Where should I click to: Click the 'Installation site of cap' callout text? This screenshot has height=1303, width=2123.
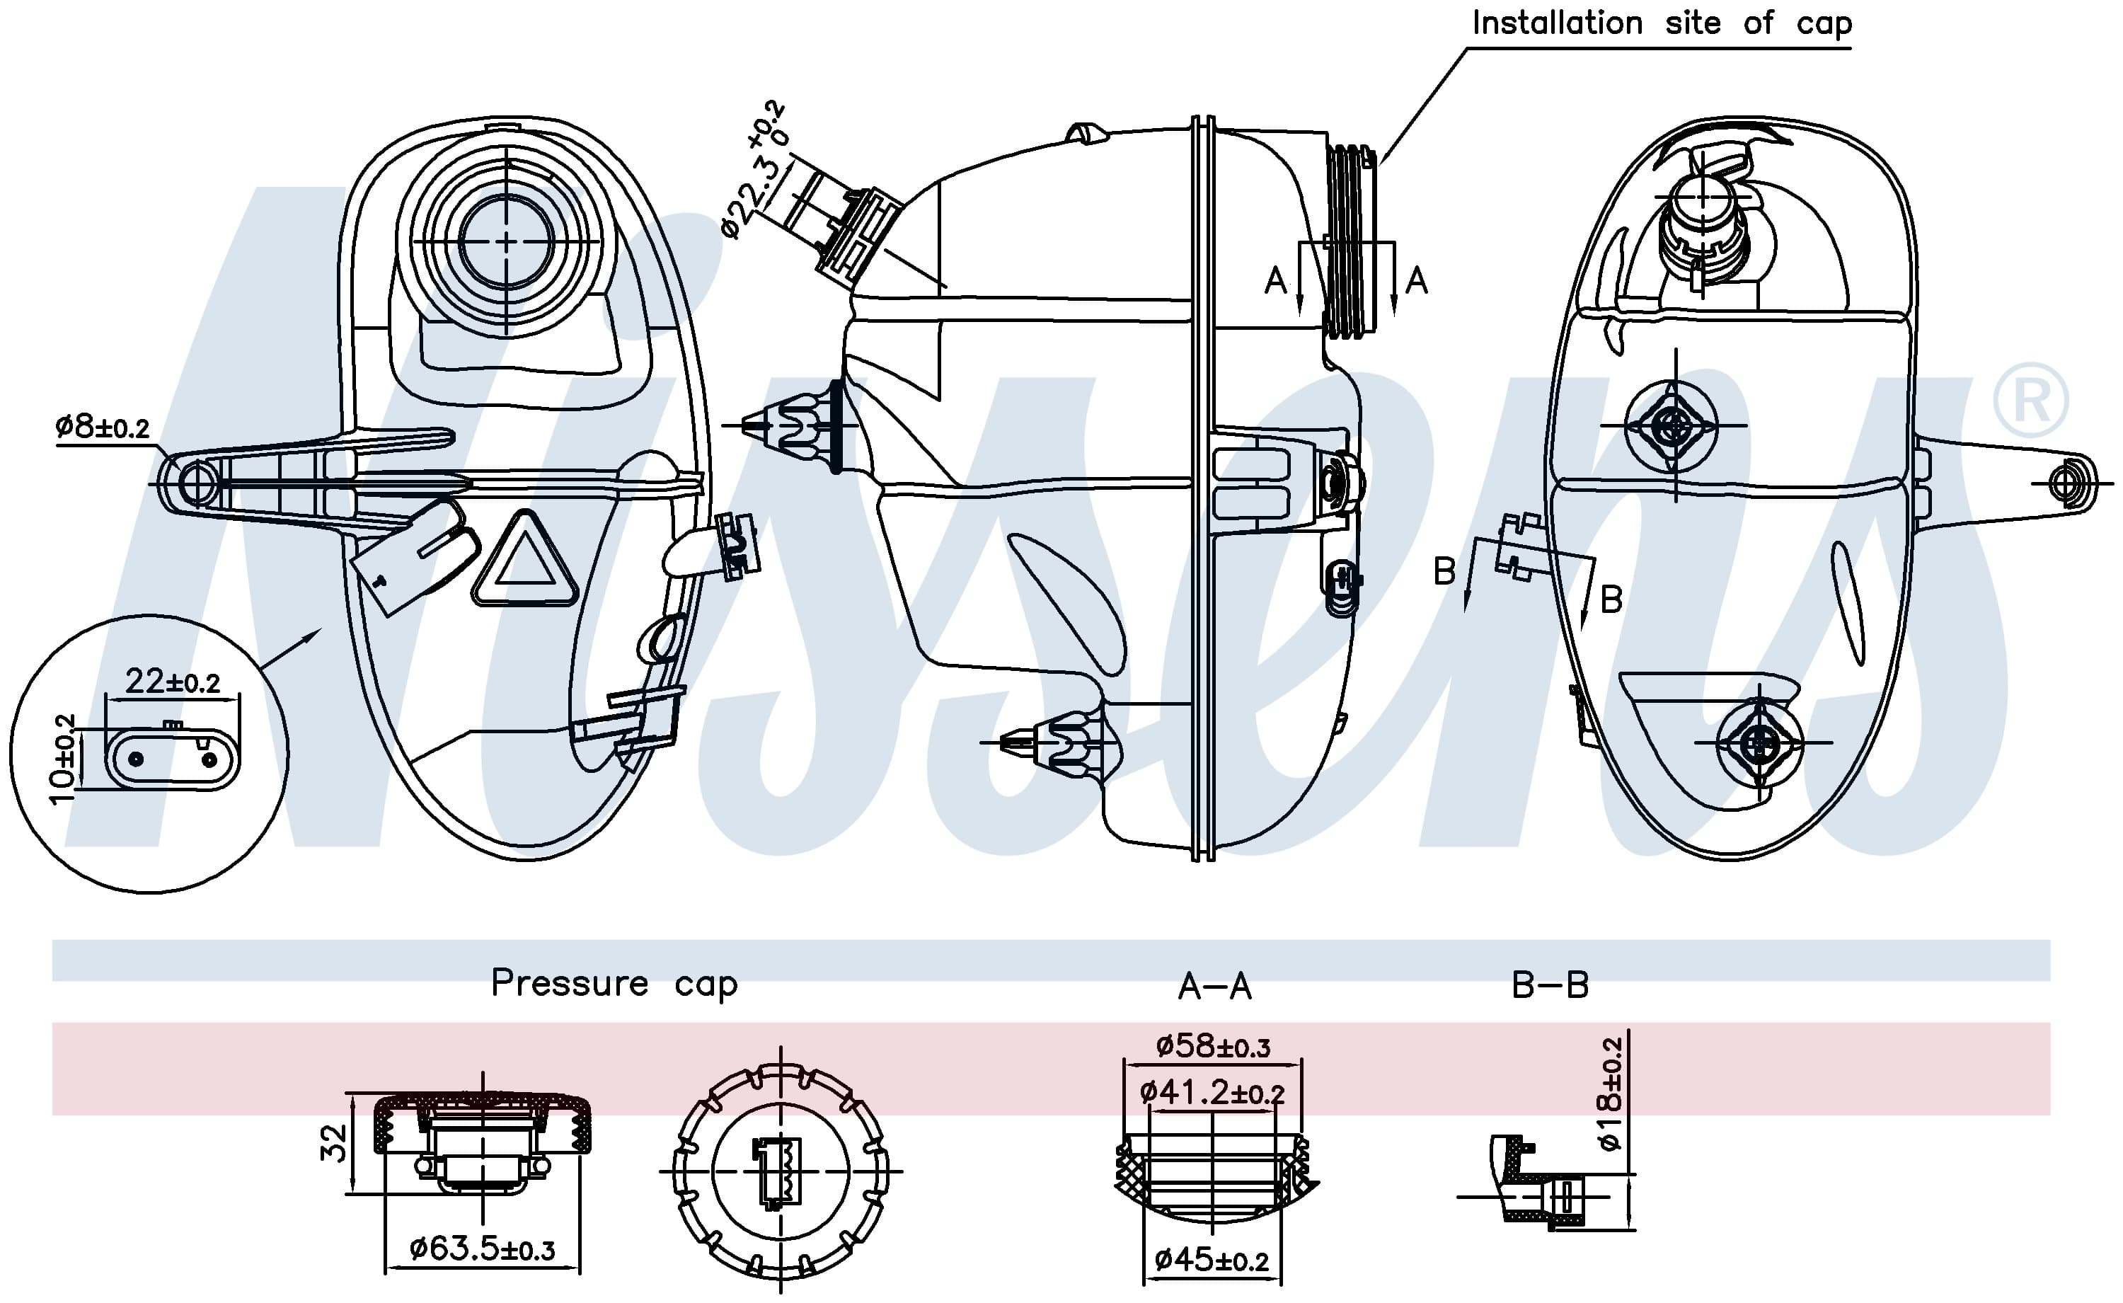coord(1661,23)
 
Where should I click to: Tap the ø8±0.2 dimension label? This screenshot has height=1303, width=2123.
coord(103,425)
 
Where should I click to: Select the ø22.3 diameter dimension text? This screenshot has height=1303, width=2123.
coord(754,170)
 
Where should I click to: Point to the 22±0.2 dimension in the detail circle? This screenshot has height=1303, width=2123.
coord(173,682)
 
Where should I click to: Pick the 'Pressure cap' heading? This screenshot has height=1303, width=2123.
coord(614,983)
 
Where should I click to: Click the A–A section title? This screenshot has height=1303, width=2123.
coord(1215,986)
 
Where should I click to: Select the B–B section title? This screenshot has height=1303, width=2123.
coord(1550,985)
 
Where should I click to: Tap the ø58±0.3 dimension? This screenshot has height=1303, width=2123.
coord(1213,1046)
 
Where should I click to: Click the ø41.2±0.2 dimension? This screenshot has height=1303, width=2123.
coord(1212,1093)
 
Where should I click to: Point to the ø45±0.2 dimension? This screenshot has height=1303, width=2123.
coord(1212,1260)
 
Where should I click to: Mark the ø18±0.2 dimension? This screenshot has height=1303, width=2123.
coord(1609,1093)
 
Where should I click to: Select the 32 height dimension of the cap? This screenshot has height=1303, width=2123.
coord(334,1143)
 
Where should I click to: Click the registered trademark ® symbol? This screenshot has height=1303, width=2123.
coord(2030,401)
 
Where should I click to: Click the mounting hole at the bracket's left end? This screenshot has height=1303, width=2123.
coord(197,483)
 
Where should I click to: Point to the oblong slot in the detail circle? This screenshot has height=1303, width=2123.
coord(173,759)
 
